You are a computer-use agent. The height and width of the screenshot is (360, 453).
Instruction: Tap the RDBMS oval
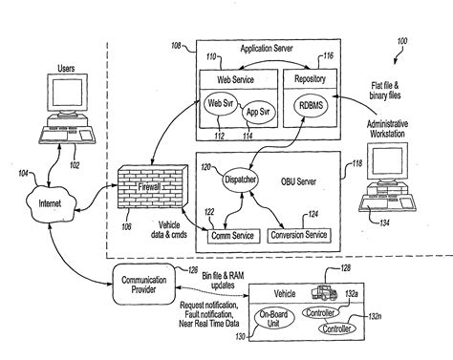tap(312, 106)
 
